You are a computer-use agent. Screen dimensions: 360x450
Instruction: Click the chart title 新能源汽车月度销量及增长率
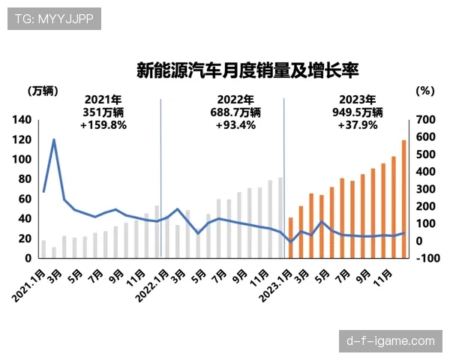(247, 70)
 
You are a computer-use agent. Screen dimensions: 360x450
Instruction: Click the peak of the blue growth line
(54, 139)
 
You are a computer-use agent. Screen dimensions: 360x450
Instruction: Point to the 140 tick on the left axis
(22, 120)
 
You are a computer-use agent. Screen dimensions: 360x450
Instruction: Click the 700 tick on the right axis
(424, 120)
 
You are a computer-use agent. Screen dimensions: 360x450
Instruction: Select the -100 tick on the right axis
(424, 259)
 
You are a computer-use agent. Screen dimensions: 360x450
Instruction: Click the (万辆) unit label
(43, 91)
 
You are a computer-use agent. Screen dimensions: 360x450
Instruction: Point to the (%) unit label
(424, 91)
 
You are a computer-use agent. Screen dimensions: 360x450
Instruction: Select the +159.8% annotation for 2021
(103, 125)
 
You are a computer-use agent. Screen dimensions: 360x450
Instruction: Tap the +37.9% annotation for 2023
(358, 125)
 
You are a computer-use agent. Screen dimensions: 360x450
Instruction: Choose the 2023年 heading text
(358, 99)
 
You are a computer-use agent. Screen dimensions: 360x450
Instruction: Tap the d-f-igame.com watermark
(390, 341)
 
